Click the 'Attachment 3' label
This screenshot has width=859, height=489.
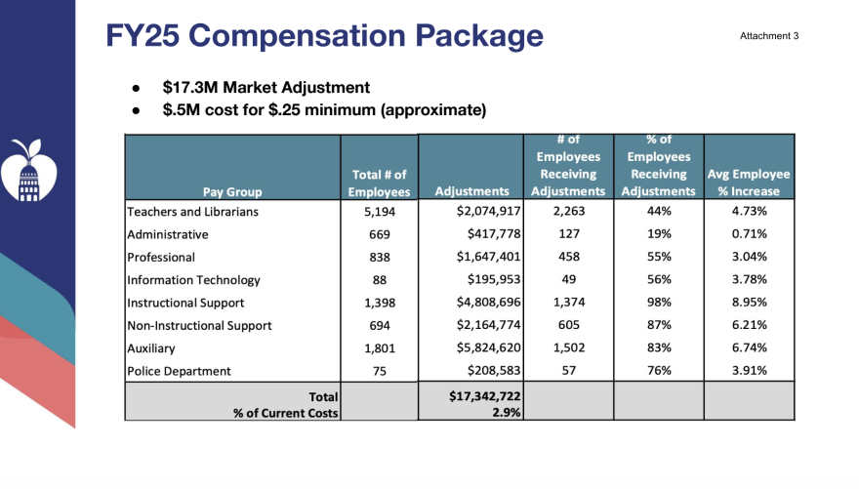pos(769,36)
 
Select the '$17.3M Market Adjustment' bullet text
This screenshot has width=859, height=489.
pos(266,87)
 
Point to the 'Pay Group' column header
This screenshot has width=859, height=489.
pos(232,191)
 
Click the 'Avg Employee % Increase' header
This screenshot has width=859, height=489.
pos(749,183)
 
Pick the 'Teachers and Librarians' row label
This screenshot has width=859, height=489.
pos(193,212)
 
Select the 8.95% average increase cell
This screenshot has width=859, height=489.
pos(749,303)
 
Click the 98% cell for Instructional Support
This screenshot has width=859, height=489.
pos(658,303)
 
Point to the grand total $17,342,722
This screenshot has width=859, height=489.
pos(477,397)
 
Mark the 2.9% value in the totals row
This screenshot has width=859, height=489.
pos(506,413)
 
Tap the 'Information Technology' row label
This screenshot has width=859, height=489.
pos(193,280)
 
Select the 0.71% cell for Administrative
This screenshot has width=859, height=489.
pos(749,234)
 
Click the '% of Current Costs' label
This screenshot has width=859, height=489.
pos(285,413)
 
